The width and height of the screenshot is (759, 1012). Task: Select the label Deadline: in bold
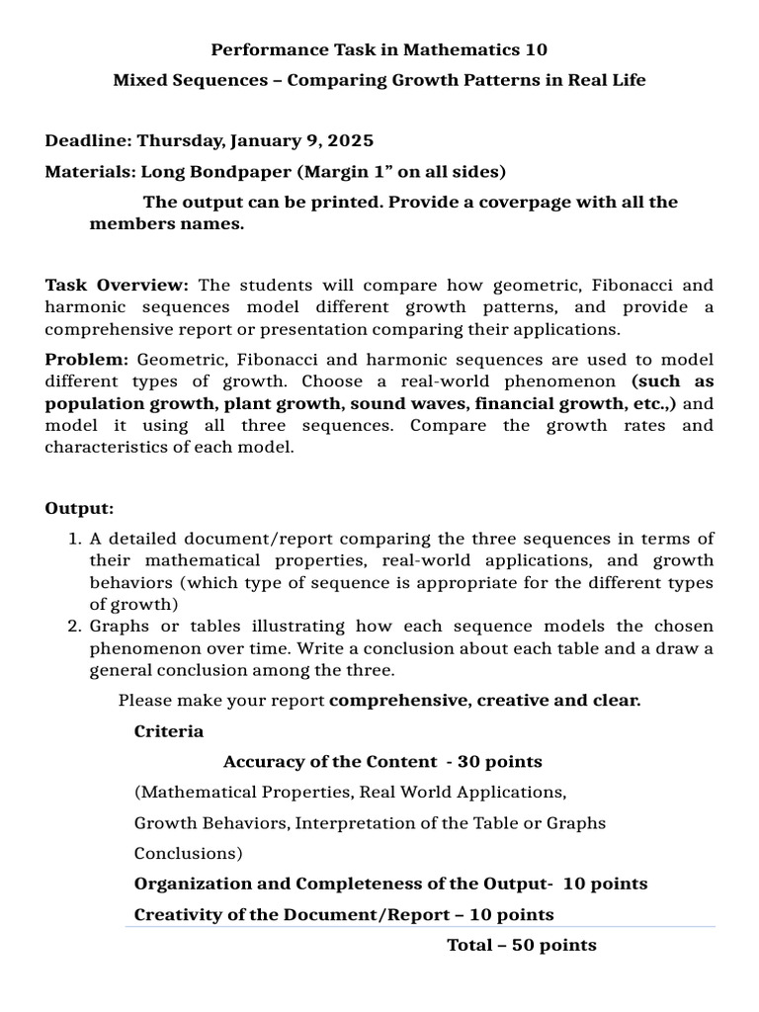tap(88, 141)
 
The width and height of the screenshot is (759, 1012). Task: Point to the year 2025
tap(352, 141)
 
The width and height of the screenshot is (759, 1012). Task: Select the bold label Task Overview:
tap(117, 285)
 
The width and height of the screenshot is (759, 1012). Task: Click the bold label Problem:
tap(86, 360)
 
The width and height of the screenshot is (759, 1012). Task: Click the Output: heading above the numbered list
tap(79, 508)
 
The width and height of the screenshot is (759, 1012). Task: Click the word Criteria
tap(169, 731)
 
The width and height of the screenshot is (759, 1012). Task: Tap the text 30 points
tap(500, 762)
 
